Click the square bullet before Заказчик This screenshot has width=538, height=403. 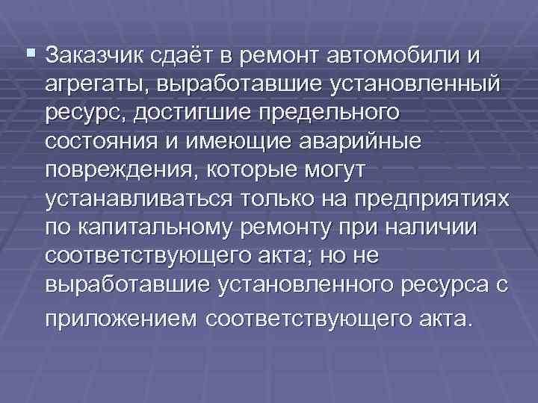coord(31,52)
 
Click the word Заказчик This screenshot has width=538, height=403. coord(96,56)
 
